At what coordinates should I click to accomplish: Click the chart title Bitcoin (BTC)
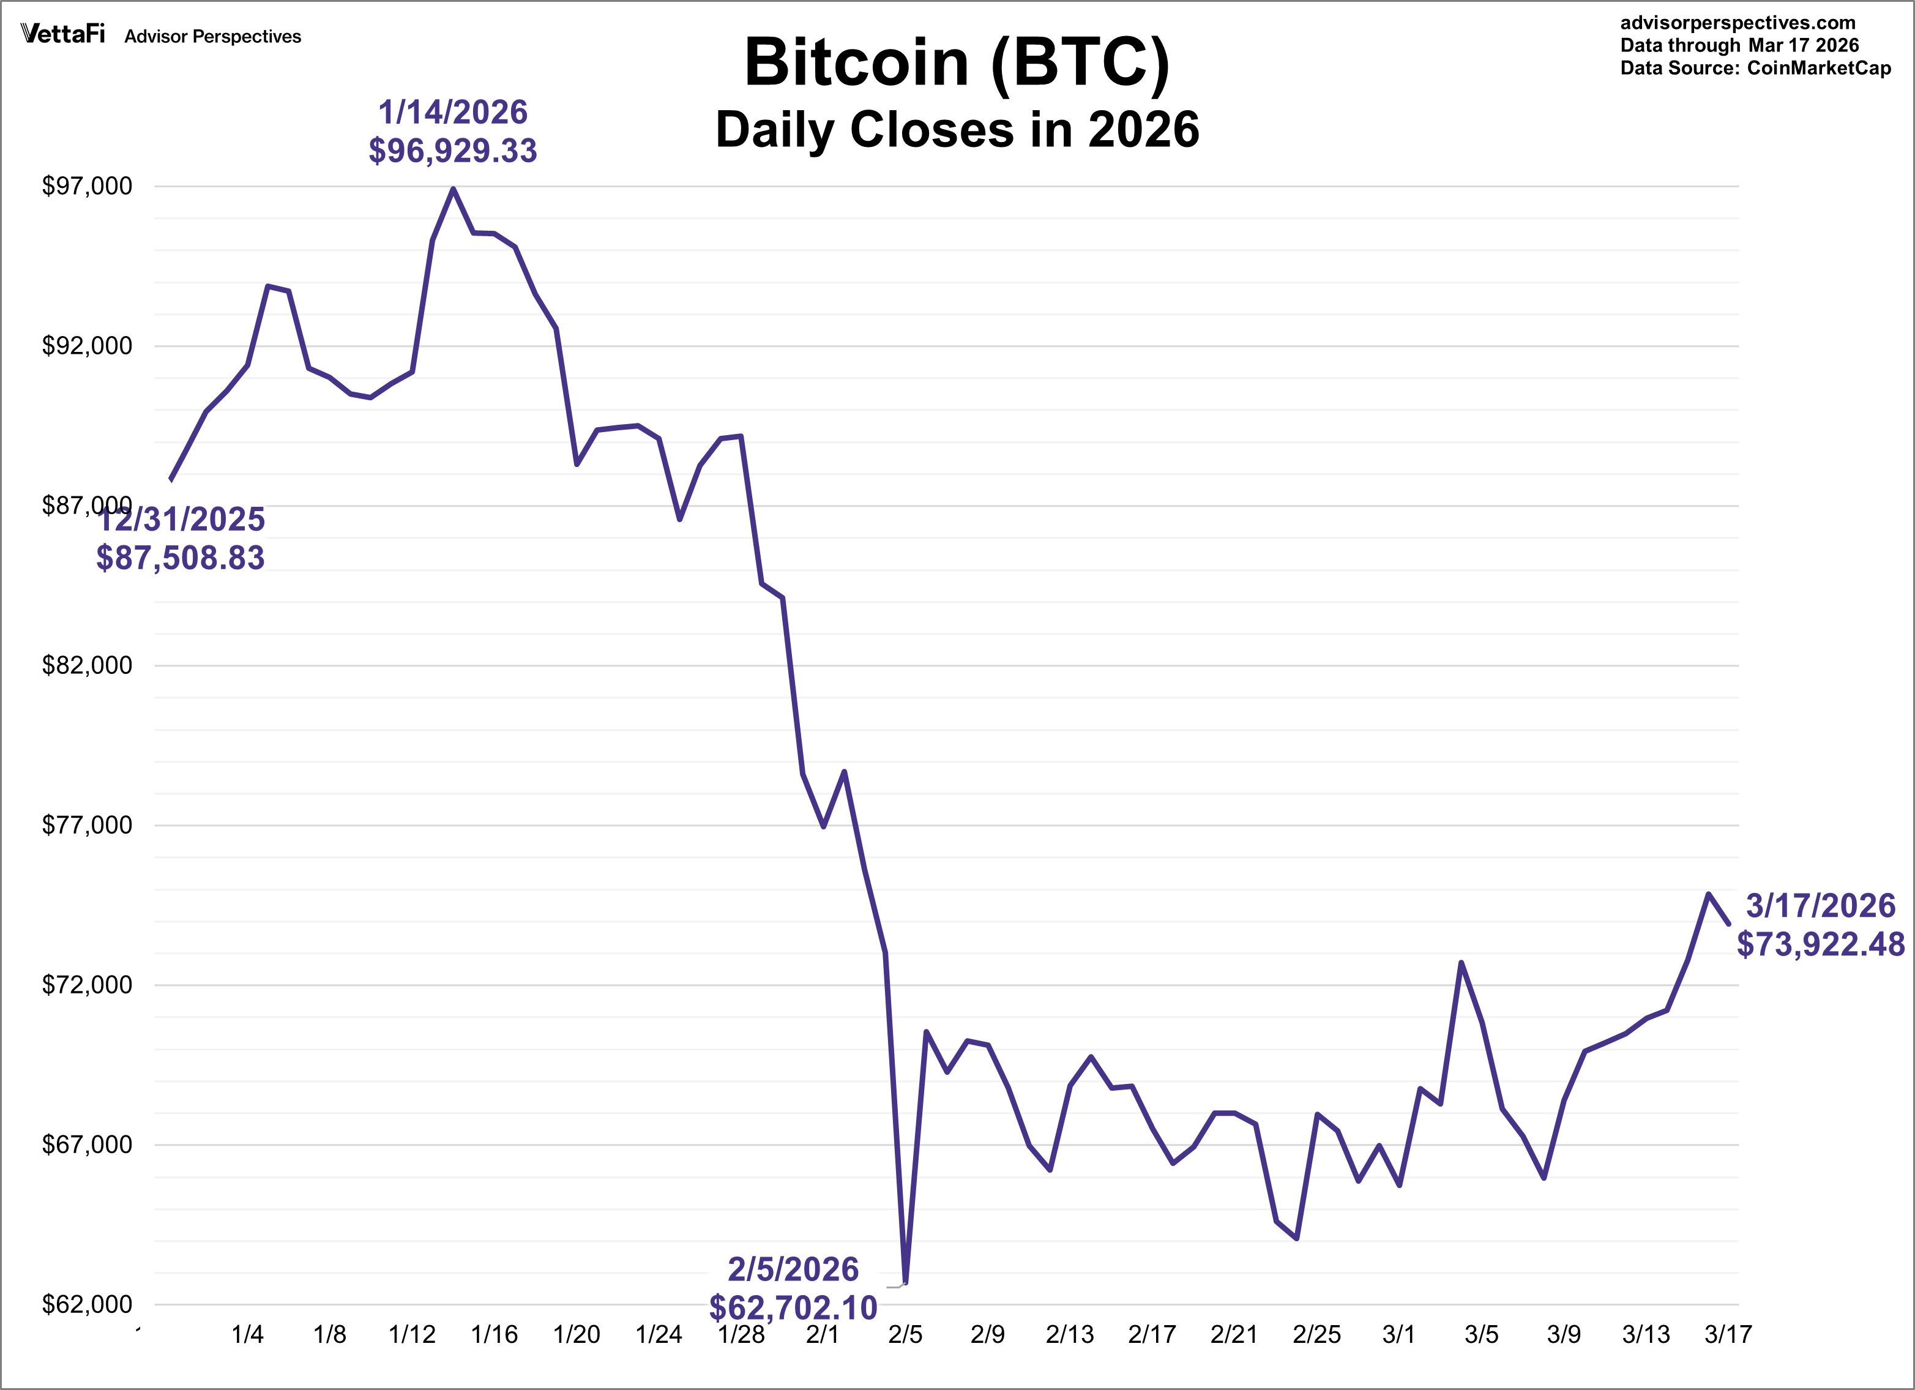pos(957,63)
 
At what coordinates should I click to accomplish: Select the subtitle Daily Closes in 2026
pos(957,130)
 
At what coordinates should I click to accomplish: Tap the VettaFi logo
pos(63,35)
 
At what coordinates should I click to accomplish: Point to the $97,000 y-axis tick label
pos(87,186)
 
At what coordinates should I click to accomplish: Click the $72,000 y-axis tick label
pos(87,985)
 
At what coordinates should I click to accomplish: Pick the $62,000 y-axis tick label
pos(87,1305)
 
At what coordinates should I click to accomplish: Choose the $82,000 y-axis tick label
pos(87,665)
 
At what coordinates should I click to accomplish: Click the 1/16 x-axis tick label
pos(494,1335)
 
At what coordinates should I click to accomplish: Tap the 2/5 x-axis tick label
pos(905,1335)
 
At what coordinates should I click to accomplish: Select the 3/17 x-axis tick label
pos(1728,1335)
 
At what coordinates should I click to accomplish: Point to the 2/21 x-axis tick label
pos(1234,1335)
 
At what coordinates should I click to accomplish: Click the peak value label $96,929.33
pos(452,151)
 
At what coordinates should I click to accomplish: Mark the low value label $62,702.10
pos(793,1308)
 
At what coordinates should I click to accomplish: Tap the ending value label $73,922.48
pos(1820,944)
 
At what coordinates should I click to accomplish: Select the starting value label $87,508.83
pos(181,558)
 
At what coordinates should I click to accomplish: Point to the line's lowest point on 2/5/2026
pos(905,1283)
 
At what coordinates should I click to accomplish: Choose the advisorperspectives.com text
pos(1738,23)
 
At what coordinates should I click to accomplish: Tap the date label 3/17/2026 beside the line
pos(1820,906)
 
